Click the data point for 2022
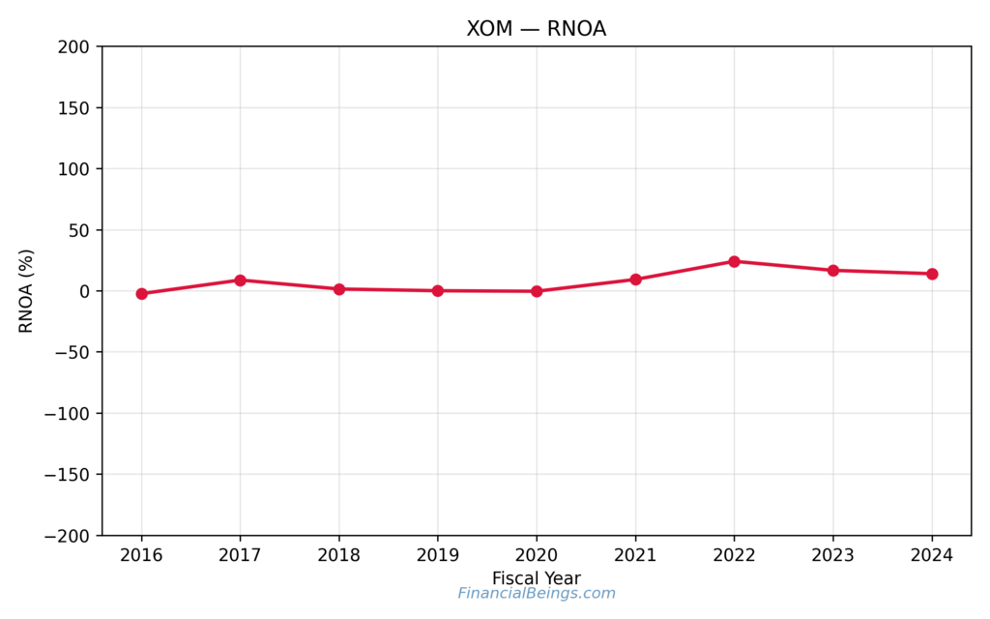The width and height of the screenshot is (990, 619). pyautogui.click(x=734, y=261)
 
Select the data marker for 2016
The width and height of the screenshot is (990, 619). pyautogui.click(x=142, y=293)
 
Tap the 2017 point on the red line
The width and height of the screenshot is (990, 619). pyautogui.click(x=241, y=280)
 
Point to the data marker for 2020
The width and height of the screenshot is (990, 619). pyautogui.click(x=537, y=291)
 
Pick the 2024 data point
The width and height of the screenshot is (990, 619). pyautogui.click(x=932, y=274)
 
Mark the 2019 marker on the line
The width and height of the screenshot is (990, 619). pyautogui.click(x=438, y=290)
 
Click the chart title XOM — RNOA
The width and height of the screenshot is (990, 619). pyautogui.click(x=537, y=29)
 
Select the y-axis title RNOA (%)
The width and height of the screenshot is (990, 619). pyautogui.click(x=26, y=291)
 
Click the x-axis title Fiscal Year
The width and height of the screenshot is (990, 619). pyautogui.click(x=537, y=578)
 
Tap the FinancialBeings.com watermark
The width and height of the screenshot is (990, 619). pyautogui.click(x=537, y=594)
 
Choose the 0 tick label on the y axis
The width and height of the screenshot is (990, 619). pyautogui.click(x=84, y=291)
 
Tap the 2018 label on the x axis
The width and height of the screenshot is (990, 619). pyautogui.click(x=339, y=555)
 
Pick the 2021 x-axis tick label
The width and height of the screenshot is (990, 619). pyautogui.click(x=635, y=555)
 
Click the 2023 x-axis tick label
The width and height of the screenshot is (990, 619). pyautogui.click(x=833, y=555)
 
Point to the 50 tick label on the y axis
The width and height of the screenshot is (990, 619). pyautogui.click(x=78, y=230)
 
